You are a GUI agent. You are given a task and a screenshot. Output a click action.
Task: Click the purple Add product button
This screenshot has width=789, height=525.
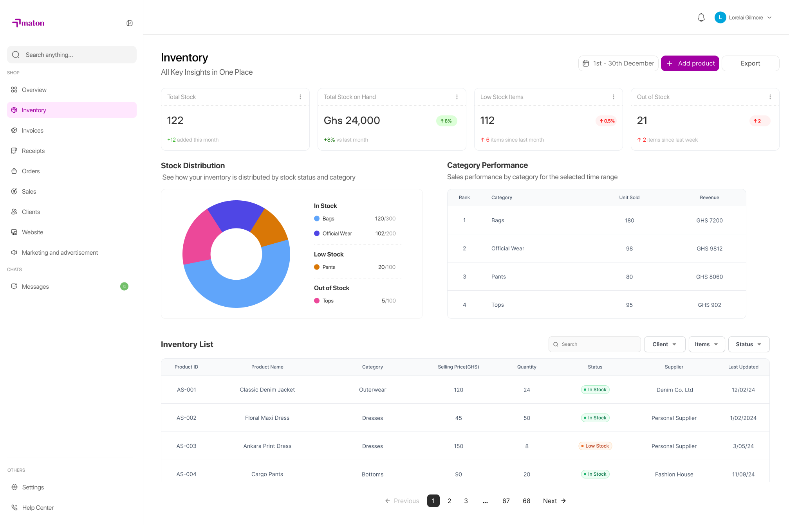690,63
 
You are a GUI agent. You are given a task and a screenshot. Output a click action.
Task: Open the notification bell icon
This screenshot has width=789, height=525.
701,18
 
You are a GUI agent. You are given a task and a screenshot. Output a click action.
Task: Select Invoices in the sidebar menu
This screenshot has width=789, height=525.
32,130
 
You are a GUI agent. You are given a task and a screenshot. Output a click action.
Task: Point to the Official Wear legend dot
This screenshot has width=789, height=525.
317,234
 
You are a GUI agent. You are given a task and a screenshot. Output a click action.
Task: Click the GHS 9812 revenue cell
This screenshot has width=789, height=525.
710,248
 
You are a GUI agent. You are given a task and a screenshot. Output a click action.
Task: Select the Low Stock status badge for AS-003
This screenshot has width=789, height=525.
595,446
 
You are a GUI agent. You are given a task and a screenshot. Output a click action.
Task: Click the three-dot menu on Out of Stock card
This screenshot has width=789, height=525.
770,97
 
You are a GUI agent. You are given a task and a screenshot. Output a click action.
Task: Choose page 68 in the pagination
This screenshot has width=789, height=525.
526,501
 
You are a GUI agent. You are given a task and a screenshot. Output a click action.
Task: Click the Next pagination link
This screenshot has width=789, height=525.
554,501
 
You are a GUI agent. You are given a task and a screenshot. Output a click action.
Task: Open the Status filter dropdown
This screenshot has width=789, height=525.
749,344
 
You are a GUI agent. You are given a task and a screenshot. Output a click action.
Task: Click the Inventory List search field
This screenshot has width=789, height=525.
594,344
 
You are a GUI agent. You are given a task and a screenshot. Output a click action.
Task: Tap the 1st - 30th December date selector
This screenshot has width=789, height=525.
618,63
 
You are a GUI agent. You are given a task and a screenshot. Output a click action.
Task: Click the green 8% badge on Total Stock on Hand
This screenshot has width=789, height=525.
446,121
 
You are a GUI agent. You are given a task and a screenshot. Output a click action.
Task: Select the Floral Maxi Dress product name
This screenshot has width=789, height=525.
267,418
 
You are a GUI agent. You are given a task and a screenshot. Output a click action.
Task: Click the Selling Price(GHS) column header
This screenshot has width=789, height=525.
458,367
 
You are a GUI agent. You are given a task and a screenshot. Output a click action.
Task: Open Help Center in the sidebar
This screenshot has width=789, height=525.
38,507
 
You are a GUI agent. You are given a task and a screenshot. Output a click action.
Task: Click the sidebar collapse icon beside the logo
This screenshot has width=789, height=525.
130,23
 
